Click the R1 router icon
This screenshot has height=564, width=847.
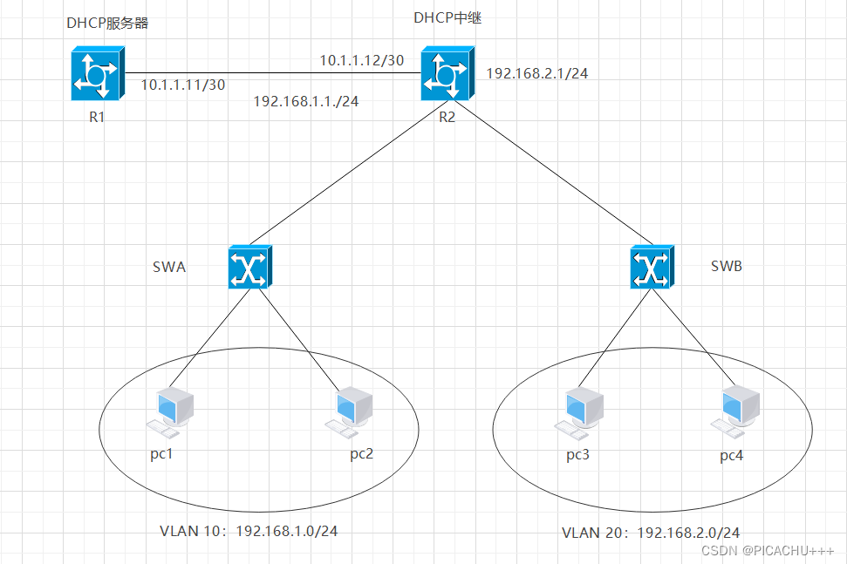97,74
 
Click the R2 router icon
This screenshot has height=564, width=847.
446,74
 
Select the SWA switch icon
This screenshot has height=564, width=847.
250,266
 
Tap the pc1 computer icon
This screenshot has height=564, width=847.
170,412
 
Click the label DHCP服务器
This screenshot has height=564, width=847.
107,24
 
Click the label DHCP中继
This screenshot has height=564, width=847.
447,17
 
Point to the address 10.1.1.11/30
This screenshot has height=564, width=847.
183,85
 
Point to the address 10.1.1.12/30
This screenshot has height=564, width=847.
361,60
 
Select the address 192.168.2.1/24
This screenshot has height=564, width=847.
537,73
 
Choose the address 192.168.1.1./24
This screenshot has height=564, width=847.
306,101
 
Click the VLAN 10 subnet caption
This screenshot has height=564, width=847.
248,531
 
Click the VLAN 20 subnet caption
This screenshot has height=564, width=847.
651,532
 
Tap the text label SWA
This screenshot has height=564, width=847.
169,267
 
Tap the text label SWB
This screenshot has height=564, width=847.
726,266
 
